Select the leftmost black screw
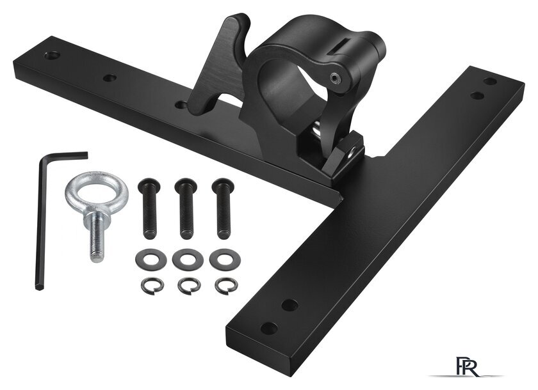coord(149,208)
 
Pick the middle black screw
coord(186,208)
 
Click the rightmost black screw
coord(224,208)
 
